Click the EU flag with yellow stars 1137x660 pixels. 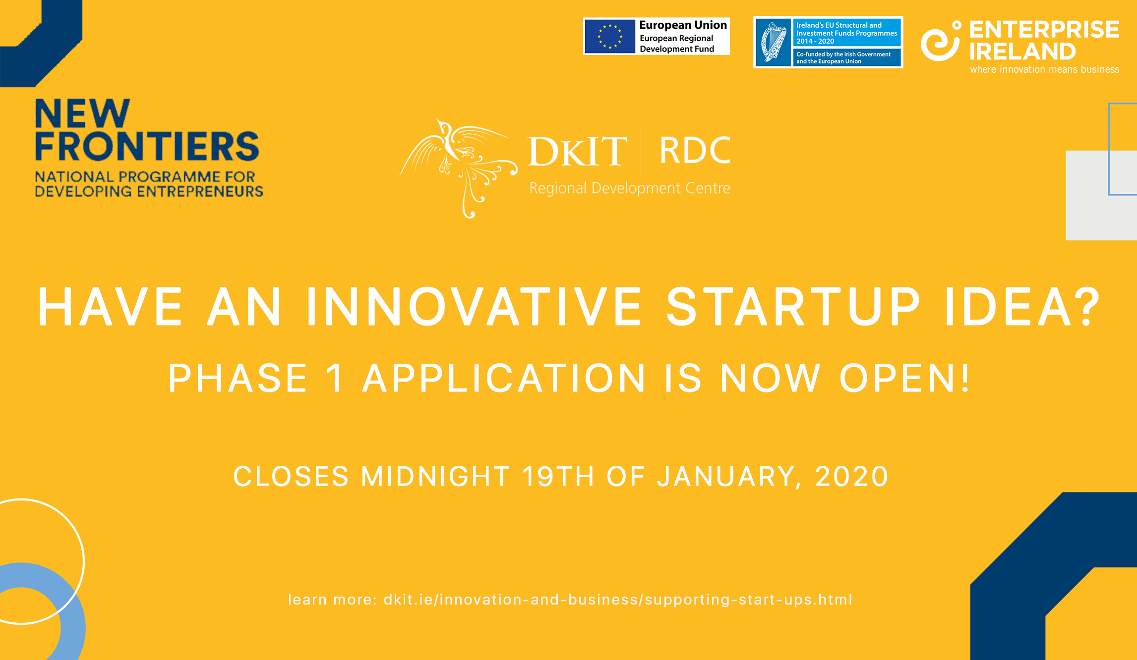610,36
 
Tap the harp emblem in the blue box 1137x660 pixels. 773,42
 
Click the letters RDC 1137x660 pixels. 695,151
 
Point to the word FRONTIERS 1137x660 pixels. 147,146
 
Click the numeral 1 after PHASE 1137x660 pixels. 335,378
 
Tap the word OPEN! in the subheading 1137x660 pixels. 904,378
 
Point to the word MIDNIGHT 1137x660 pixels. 435,477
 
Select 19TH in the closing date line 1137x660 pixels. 558,477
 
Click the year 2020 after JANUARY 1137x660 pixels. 852,477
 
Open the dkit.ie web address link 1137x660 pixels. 618,600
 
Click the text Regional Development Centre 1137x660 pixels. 630,188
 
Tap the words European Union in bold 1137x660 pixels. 683,25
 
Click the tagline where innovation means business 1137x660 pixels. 1044,70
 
